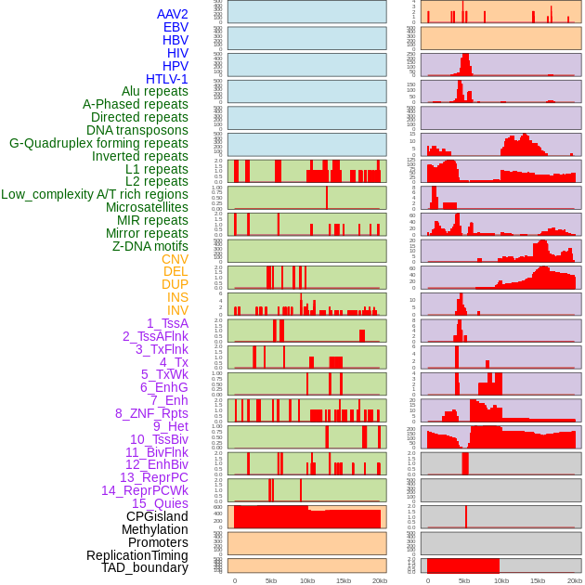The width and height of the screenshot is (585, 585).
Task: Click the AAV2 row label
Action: [173, 14]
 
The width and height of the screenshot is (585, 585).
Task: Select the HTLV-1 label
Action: [167, 79]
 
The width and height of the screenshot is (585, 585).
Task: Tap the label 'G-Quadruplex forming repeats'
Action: [98, 143]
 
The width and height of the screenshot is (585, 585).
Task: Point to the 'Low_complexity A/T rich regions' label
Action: [95, 194]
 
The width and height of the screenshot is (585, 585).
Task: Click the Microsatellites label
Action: [147, 207]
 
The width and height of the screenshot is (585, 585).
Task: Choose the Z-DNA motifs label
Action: [150, 246]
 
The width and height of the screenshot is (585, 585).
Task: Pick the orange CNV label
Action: [175, 259]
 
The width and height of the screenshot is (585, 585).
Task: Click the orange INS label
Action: [177, 297]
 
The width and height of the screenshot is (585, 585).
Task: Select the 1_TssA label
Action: [167, 323]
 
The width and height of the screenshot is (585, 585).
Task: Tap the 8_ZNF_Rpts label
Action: [151, 413]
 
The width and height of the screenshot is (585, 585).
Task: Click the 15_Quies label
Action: [160, 503]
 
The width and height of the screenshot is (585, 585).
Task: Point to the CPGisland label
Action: [157, 516]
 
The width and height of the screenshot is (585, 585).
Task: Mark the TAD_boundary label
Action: [145, 567]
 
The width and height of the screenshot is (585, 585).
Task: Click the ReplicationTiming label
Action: [136, 555]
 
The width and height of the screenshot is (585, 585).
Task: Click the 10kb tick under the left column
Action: [306, 580]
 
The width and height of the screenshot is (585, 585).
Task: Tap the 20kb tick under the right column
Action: [572, 580]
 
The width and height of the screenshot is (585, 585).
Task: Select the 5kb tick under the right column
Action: [463, 580]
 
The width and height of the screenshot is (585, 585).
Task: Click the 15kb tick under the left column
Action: [343, 580]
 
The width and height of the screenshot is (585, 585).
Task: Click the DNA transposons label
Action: [137, 130]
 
